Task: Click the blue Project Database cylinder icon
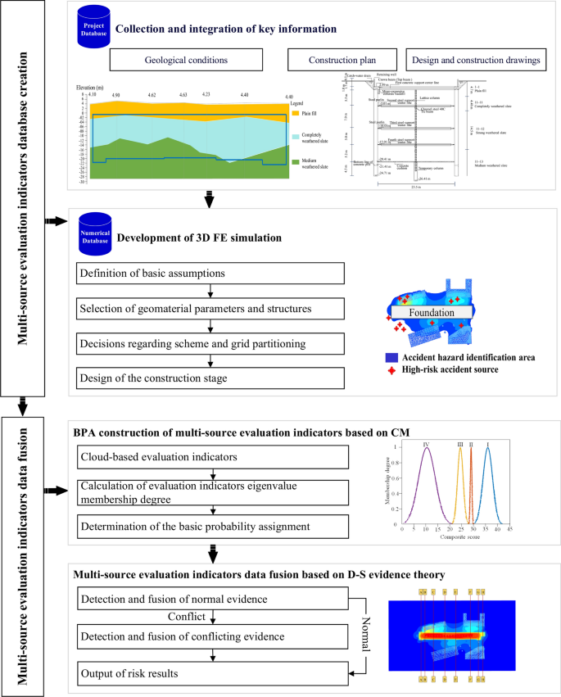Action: pos(93,25)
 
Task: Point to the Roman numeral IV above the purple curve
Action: pos(427,443)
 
